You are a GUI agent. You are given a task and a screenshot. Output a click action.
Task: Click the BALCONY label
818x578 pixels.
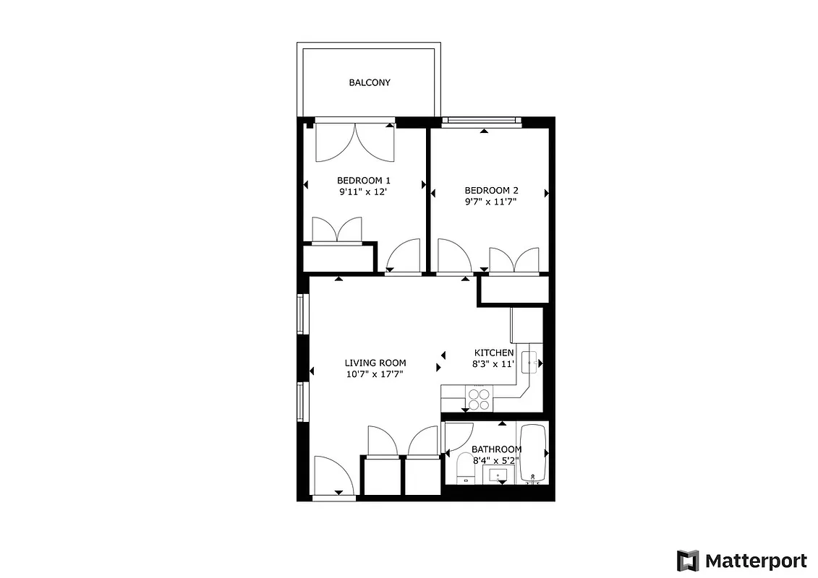pyautogui.click(x=370, y=82)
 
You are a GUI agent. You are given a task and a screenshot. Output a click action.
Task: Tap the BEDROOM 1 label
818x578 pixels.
pyautogui.click(x=364, y=181)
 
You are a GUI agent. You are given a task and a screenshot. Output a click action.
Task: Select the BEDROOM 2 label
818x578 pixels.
pyautogui.click(x=491, y=191)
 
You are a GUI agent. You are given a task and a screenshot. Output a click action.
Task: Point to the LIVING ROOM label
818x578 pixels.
pyautogui.click(x=375, y=363)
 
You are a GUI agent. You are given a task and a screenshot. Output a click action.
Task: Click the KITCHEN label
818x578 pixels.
pyautogui.click(x=494, y=353)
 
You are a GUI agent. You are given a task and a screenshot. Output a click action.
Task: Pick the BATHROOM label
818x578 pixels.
pyautogui.click(x=496, y=449)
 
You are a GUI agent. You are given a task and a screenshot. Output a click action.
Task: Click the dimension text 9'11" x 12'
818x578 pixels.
pyautogui.click(x=364, y=192)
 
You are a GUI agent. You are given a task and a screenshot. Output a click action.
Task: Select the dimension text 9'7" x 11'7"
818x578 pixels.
pyautogui.click(x=491, y=202)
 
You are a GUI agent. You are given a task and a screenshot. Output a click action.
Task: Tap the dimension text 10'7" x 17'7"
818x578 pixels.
pyautogui.click(x=375, y=374)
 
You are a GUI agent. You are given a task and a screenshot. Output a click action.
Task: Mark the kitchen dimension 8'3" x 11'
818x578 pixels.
pyautogui.click(x=494, y=364)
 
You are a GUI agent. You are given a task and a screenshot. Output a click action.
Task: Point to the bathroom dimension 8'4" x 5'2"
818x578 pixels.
pyautogui.click(x=497, y=460)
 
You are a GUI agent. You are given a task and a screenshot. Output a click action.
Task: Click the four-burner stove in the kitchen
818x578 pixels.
pyautogui.click(x=478, y=400)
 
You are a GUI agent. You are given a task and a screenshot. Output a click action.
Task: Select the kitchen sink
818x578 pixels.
pyautogui.click(x=530, y=361)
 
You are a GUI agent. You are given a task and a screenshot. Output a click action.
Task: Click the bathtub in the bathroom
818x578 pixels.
pyautogui.click(x=536, y=453)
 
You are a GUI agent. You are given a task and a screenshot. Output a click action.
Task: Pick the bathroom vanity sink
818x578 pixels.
pyautogui.click(x=498, y=475)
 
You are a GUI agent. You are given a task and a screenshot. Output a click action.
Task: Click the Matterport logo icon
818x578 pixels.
pyautogui.click(x=688, y=560)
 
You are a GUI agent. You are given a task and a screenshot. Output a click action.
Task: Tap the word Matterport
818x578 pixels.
pyautogui.click(x=756, y=561)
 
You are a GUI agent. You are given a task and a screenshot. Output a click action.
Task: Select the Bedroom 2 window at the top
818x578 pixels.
pyautogui.click(x=482, y=121)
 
